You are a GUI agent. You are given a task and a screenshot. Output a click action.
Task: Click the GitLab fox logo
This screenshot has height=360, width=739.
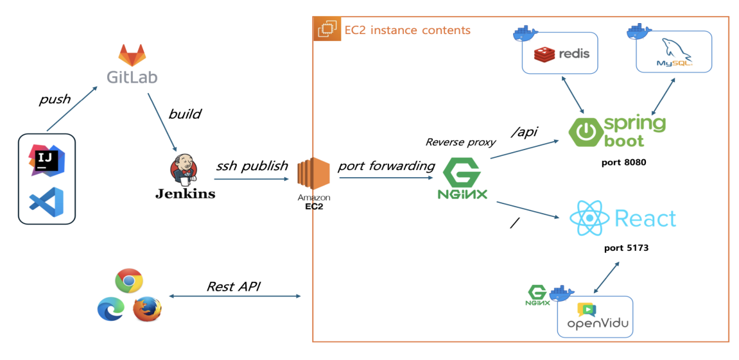click(x=132, y=56)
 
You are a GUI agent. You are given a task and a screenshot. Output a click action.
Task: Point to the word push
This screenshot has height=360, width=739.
click(x=55, y=99)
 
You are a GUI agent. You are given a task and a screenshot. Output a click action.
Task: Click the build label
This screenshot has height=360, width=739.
click(x=184, y=114)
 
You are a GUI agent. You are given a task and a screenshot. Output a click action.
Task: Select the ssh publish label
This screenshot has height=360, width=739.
click(x=252, y=166)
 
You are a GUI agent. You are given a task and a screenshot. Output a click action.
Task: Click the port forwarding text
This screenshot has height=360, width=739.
click(x=386, y=166)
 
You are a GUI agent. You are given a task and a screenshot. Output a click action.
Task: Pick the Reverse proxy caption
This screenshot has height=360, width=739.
click(x=460, y=142)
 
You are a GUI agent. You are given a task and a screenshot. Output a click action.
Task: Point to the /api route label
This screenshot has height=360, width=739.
click(x=524, y=132)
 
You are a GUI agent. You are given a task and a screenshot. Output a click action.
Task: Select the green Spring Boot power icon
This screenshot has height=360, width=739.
click(x=584, y=132)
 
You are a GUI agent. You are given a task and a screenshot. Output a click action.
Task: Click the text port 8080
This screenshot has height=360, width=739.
click(x=623, y=162)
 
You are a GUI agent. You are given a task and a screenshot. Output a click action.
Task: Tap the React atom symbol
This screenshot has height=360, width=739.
click(x=589, y=218)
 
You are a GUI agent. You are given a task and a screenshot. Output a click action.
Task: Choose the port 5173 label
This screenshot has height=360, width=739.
click(x=626, y=248)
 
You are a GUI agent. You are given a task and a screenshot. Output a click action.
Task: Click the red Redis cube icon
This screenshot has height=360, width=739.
click(x=545, y=55)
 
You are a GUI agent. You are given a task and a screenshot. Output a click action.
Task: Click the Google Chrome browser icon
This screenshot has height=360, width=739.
click(x=128, y=281)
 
